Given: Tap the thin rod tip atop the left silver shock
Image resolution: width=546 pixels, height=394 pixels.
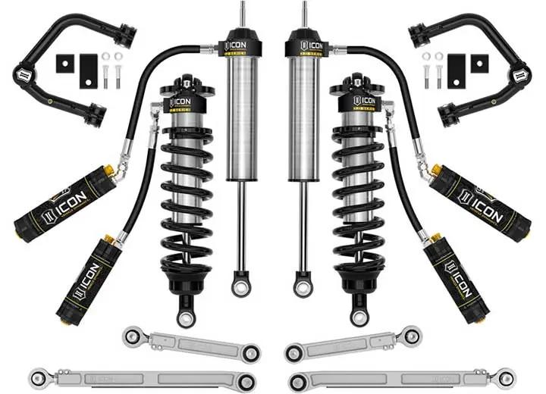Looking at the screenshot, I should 243,12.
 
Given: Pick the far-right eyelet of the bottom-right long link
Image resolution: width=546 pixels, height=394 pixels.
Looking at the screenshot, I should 507,377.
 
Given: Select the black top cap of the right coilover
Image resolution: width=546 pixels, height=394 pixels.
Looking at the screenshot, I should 356,86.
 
